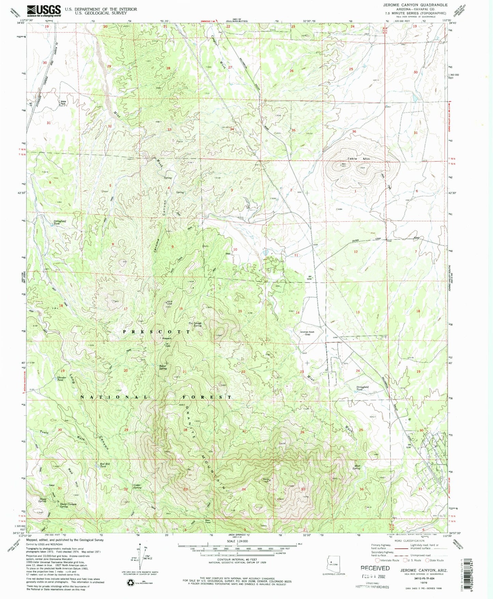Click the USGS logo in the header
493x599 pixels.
point(44,11)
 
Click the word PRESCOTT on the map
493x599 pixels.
point(157,332)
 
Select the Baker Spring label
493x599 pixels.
point(163,368)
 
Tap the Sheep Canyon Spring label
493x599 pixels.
point(69,505)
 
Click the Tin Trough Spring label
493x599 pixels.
point(195,324)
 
